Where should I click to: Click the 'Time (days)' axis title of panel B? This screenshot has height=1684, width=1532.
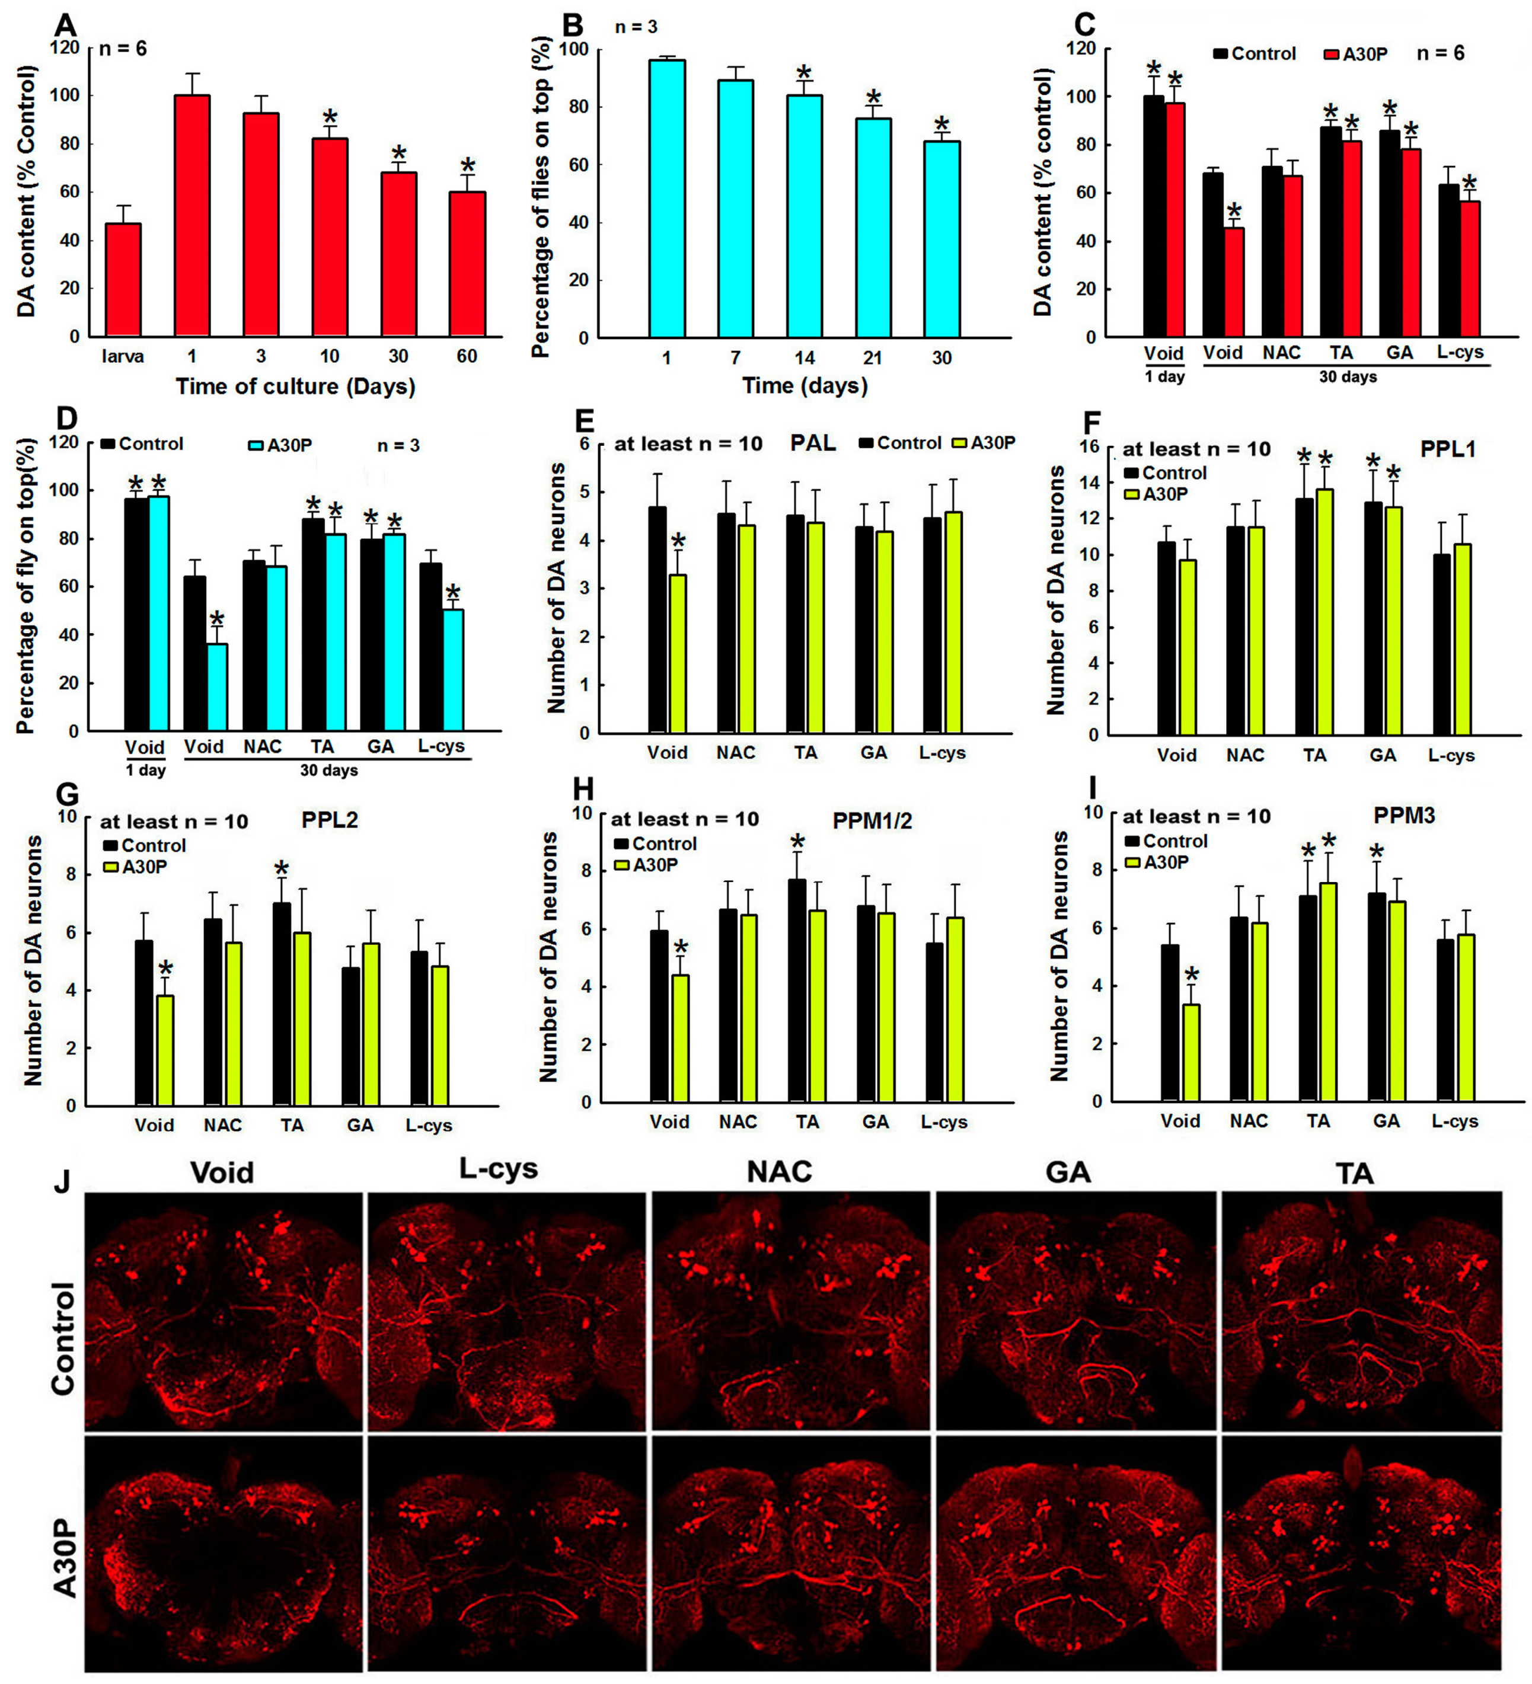(805, 386)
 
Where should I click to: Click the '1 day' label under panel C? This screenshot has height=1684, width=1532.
(1164, 377)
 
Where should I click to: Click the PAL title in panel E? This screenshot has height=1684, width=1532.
(813, 443)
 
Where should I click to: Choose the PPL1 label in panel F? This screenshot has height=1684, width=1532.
(1448, 449)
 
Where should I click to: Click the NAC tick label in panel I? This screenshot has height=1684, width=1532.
(1248, 1121)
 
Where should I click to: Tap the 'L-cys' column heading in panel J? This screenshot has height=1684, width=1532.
(498, 1169)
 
